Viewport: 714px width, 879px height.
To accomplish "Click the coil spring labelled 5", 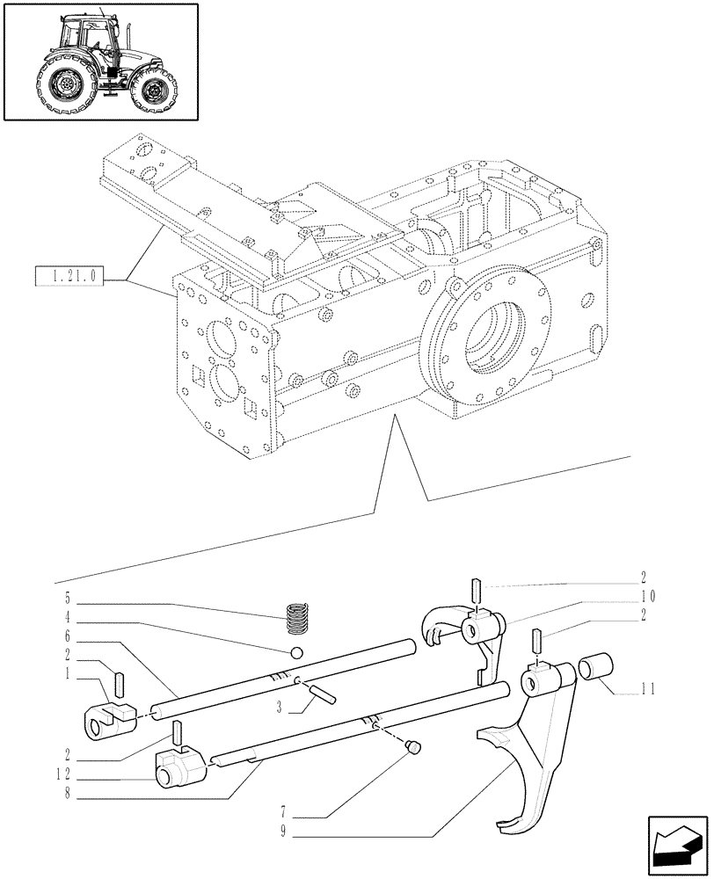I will click(x=301, y=618).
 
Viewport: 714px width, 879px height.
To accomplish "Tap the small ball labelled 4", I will click(x=297, y=653).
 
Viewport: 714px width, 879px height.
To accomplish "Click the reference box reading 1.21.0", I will click(x=69, y=279).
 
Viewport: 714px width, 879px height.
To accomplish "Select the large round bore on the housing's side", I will click(x=486, y=335).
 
